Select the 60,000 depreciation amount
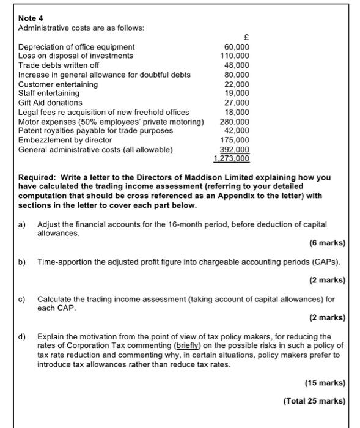[237, 46]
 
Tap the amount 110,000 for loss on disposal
[235, 56]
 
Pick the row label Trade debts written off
[59, 65]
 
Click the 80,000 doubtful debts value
[237, 75]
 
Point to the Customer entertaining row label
[58, 84]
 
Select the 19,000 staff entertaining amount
[237, 93]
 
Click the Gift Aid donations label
[50, 103]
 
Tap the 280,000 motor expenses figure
[235, 121]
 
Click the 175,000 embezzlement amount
[235, 140]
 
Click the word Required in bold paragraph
[37, 177]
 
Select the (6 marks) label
[327, 243]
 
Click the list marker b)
[22, 262]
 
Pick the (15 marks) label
[325, 383]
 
